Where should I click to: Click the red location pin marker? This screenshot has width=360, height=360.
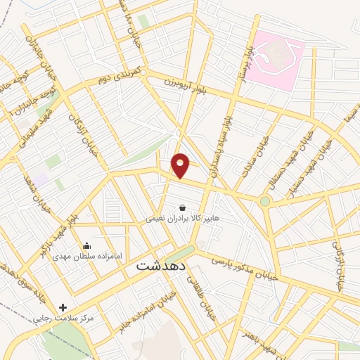(x=181, y=165)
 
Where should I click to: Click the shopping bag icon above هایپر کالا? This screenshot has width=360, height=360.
(x=183, y=207)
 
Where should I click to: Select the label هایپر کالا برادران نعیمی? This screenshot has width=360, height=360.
(x=183, y=218)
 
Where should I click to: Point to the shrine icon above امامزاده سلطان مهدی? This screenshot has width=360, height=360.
(x=86, y=245)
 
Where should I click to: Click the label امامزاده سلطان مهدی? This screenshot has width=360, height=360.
(x=77, y=256)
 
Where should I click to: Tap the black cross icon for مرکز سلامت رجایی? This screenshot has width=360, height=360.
(x=63, y=307)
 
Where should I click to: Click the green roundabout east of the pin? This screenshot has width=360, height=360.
(x=264, y=201)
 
